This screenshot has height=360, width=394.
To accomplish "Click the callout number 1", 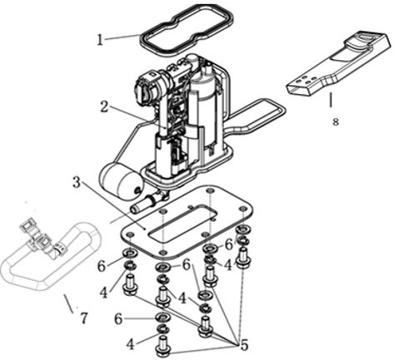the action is tap(100, 40).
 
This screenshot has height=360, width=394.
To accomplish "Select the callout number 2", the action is tap(104, 107).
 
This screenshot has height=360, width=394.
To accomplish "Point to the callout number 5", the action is tap(244, 345).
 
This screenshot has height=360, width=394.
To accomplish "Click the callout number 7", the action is tap(83, 318).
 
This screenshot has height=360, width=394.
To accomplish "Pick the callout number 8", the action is tap(336, 122).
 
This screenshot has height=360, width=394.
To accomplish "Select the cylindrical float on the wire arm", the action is tap(121, 182).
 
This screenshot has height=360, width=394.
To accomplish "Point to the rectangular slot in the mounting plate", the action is tap(182, 222).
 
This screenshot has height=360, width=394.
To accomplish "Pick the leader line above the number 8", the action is tap(331, 100).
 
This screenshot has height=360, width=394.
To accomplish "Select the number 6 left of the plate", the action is tap(102, 267).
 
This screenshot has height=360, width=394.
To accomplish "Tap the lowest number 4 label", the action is tap(130, 345).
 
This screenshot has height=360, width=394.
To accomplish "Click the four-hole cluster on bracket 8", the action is tap(306, 79).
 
